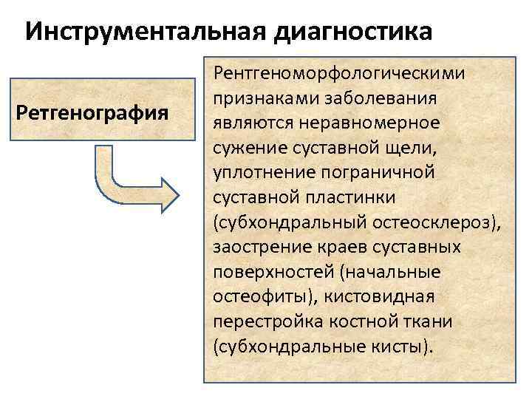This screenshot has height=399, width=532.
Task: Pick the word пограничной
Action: click(x=384, y=172)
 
